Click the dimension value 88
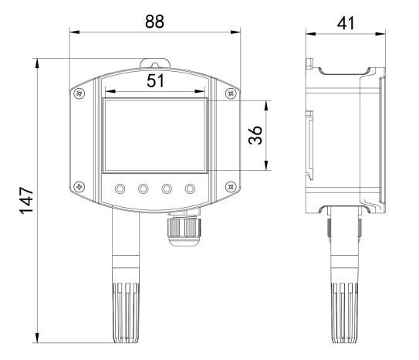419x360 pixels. point(154,22)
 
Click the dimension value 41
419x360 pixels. point(346,23)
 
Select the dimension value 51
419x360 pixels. point(155,81)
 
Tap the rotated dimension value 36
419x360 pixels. point(255,135)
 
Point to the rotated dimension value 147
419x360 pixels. point(27,201)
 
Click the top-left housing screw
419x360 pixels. point(79,93)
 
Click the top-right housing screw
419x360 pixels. point(231,93)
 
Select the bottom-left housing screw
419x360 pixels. point(79,186)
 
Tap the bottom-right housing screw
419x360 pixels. point(231,186)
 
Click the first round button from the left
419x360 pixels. point(120,188)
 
